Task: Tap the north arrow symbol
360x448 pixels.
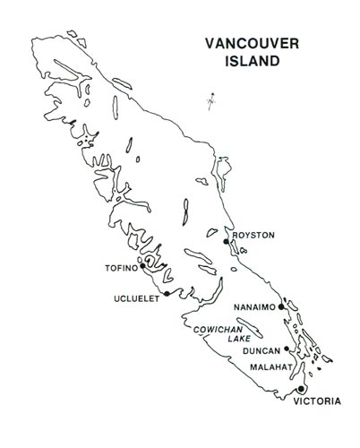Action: (x=210, y=100)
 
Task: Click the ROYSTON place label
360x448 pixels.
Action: (x=253, y=236)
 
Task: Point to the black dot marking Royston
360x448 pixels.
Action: (x=227, y=242)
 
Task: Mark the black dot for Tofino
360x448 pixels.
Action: (x=143, y=265)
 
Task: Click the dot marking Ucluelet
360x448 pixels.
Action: (x=167, y=293)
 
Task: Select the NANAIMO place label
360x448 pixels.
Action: (x=254, y=307)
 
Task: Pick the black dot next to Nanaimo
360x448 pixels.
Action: (x=281, y=307)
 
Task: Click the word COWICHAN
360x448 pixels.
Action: (x=220, y=330)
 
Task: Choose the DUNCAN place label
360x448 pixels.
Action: (x=261, y=351)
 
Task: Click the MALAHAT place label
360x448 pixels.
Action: (x=268, y=365)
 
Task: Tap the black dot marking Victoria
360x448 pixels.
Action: (x=302, y=390)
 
